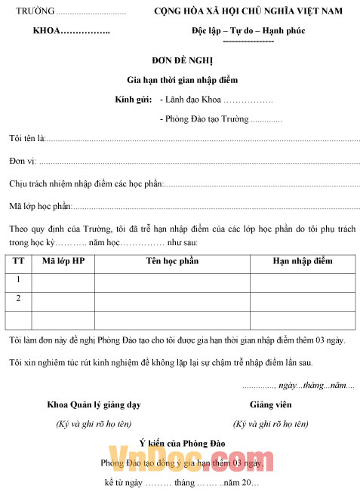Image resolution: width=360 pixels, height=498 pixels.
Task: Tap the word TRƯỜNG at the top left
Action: (x=35, y=11)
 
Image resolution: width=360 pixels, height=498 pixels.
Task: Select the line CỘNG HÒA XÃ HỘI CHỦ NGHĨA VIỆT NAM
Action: (x=248, y=11)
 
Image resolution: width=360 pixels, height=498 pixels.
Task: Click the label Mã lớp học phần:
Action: (x=41, y=205)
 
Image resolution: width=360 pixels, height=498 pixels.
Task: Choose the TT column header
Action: (x=18, y=261)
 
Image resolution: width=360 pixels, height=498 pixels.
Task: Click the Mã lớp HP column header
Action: (x=63, y=261)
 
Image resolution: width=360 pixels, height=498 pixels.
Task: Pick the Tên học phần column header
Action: (x=172, y=261)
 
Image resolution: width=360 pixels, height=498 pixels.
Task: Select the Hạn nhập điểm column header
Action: (x=302, y=261)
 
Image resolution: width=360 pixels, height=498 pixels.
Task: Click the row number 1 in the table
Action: (x=18, y=280)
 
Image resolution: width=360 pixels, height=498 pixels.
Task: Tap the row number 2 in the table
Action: (x=18, y=299)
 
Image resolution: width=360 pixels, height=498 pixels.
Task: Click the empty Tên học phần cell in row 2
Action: (x=172, y=300)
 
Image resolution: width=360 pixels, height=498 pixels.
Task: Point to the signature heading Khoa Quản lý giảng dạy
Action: (x=94, y=405)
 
